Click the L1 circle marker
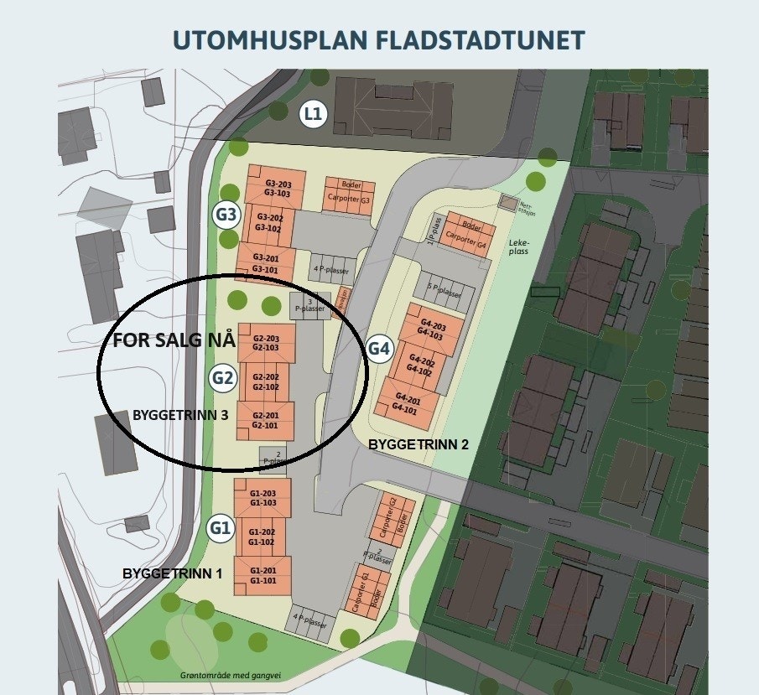pyautogui.click(x=314, y=114)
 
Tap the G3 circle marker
pyautogui.click(x=226, y=215)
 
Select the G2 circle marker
pyautogui.click(x=222, y=377)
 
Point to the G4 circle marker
pyautogui.click(x=380, y=348)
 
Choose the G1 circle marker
pyautogui.click(x=220, y=528)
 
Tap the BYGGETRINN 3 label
pyautogui.click(x=180, y=414)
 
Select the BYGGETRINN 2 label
pyautogui.click(x=418, y=445)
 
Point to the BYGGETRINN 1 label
pyautogui.click(x=173, y=573)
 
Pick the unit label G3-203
pyautogui.click(x=278, y=183)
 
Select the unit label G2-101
pyautogui.click(x=265, y=425)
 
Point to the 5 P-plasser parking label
pyautogui.click(x=444, y=293)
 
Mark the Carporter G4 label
pyautogui.click(x=465, y=236)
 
